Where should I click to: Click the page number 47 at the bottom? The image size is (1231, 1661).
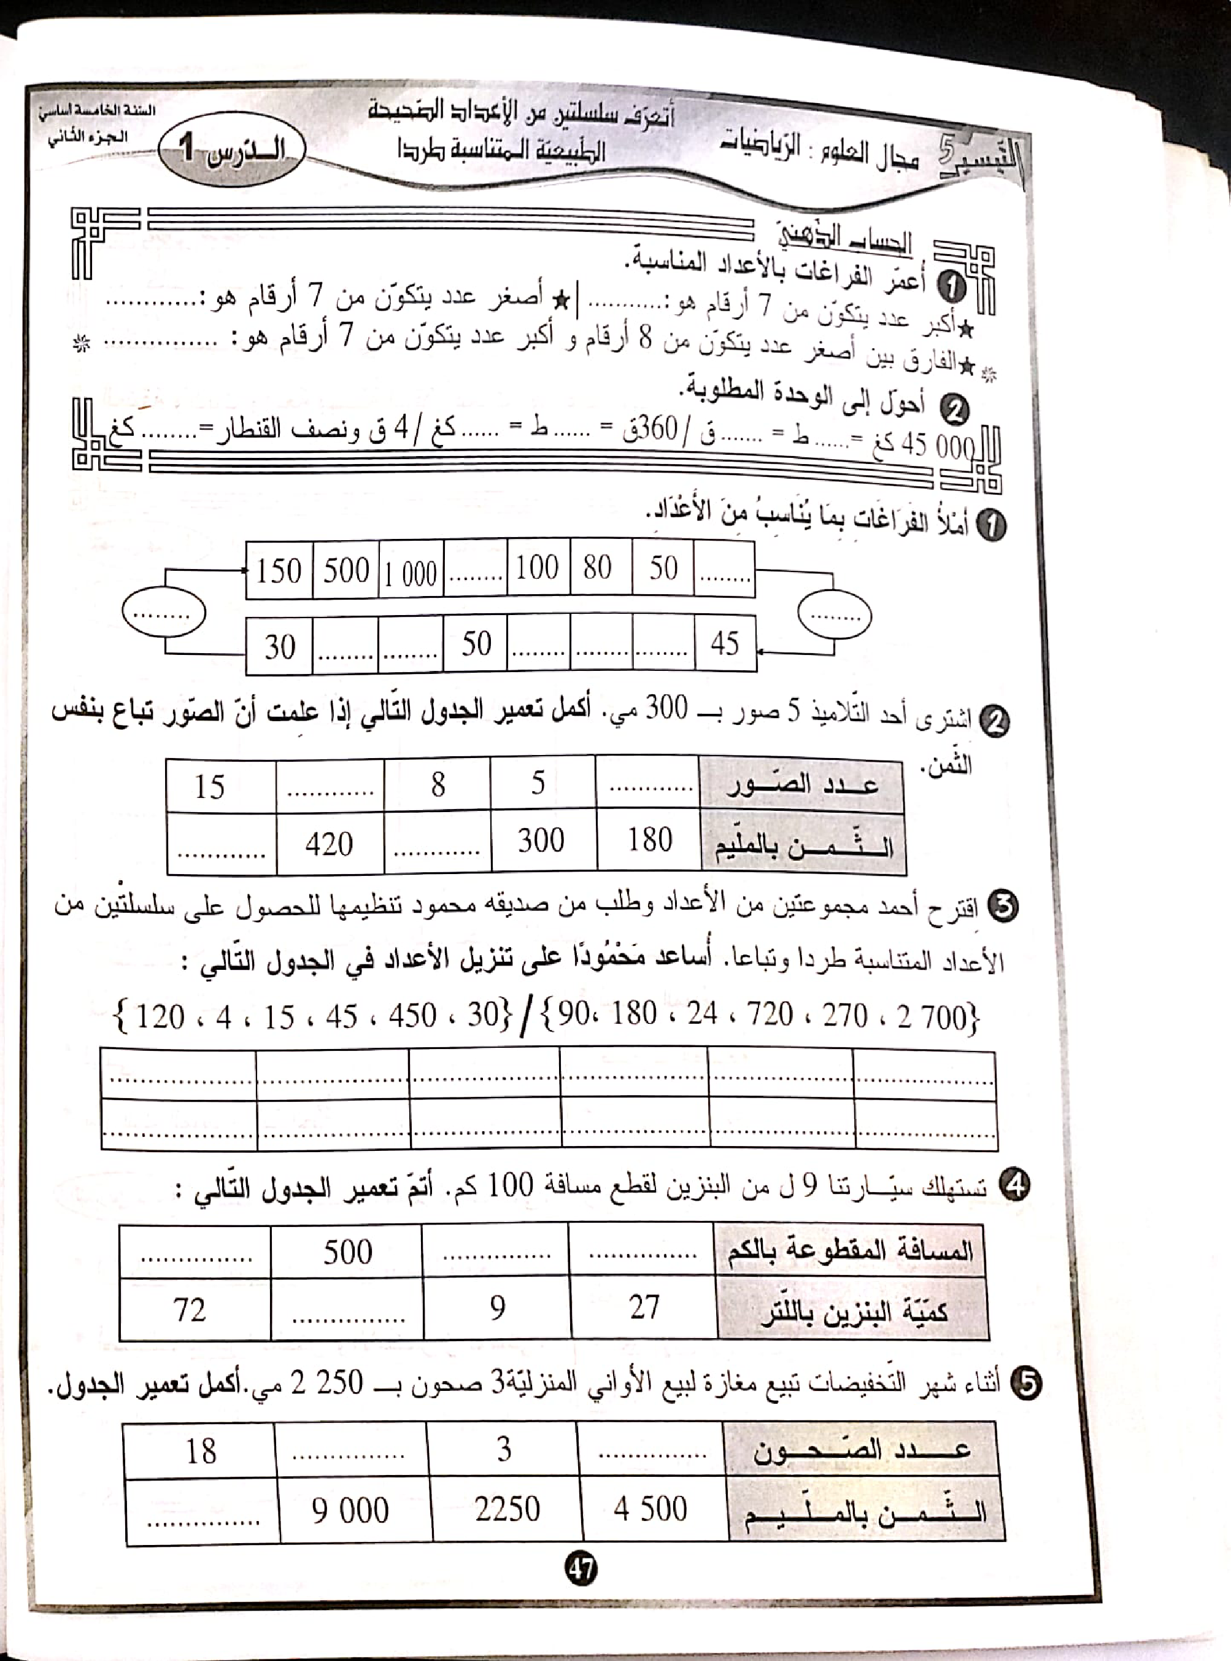tap(581, 1570)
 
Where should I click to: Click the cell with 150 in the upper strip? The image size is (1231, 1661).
tap(279, 571)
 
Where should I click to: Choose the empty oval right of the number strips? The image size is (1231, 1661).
tap(834, 615)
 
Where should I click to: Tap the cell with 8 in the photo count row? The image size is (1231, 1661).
tap(438, 784)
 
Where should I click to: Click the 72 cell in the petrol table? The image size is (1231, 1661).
tap(189, 1309)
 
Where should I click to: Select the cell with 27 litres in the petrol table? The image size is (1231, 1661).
tap(643, 1308)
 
